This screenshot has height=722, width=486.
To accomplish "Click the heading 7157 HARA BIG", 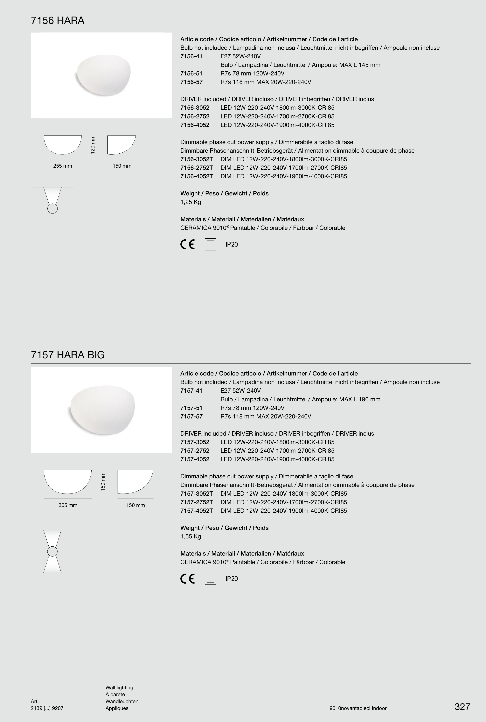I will [68, 355].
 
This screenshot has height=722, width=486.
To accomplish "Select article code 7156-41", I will [191, 56].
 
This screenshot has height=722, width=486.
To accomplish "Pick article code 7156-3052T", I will [197, 159].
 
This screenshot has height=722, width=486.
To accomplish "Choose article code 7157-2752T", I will [197, 502].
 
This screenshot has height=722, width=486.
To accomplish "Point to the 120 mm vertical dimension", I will [93, 144].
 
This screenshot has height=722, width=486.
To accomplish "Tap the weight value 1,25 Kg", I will [191, 202].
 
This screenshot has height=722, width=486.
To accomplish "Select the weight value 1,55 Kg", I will [191, 537].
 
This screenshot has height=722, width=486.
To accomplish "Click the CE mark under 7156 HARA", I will [188, 245].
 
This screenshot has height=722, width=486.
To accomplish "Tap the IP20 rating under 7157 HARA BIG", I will [232, 579].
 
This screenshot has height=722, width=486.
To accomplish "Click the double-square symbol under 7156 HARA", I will [211, 245].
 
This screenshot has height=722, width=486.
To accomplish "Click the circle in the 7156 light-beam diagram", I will [52, 209].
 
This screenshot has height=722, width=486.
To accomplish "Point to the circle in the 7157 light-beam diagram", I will [52, 551].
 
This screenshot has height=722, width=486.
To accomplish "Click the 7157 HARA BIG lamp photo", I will [101, 410].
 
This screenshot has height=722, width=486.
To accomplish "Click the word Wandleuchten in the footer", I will [122, 701].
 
